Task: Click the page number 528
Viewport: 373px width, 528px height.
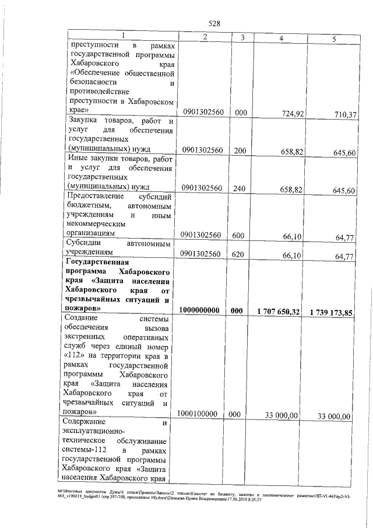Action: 214,23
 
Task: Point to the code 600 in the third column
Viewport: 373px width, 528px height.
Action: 239,235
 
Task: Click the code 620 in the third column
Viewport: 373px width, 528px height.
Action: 239,254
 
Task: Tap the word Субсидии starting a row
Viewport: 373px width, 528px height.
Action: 86,243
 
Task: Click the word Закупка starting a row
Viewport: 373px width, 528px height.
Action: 85,121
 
